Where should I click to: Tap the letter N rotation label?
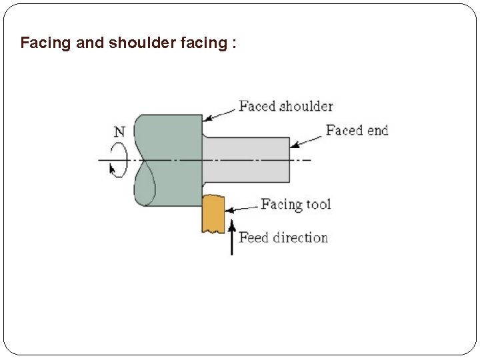click(x=118, y=131)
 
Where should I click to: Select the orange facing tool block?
click(x=213, y=213)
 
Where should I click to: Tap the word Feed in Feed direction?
click(x=253, y=237)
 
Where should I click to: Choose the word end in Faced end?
click(x=377, y=130)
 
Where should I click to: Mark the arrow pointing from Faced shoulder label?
click(x=219, y=113)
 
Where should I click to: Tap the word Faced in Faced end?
click(x=343, y=130)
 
